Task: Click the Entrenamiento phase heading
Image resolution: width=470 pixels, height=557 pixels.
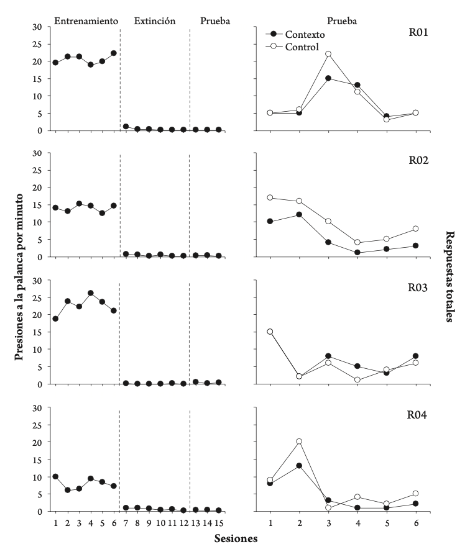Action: (x=86, y=20)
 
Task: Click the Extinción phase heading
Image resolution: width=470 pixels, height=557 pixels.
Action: (x=155, y=20)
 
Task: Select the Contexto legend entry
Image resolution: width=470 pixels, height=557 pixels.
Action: (x=305, y=35)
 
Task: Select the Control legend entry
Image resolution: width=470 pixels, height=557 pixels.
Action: (x=302, y=47)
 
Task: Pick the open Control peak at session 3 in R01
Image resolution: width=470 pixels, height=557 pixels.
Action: (x=328, y=54)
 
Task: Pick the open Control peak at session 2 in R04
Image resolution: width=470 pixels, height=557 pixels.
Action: (x=299, y=442)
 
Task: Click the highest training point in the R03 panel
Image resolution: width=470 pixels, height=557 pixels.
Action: (x=91, y=293)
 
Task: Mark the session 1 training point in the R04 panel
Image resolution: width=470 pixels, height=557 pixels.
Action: (x=55, y=476)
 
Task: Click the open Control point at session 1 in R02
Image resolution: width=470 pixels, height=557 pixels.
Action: (x=270, y=197)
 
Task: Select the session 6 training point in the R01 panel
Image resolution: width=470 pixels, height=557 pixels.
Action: (x=114, y=53)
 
